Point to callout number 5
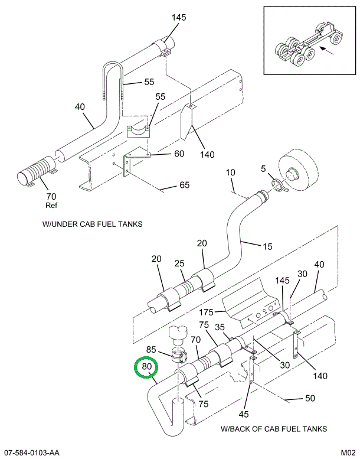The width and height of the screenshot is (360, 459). tap(263, 169)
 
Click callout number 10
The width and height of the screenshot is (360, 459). tap(230, 172)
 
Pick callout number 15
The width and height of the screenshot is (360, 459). tap(267, 246)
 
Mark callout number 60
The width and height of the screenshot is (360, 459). tap(179, 154)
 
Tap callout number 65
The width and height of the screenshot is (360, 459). tap(184, 185)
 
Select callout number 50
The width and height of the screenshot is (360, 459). tap(309, 399)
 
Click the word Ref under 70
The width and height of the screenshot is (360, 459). tap(51, 206)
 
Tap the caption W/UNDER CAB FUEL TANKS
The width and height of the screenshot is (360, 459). tap(93, 224)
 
